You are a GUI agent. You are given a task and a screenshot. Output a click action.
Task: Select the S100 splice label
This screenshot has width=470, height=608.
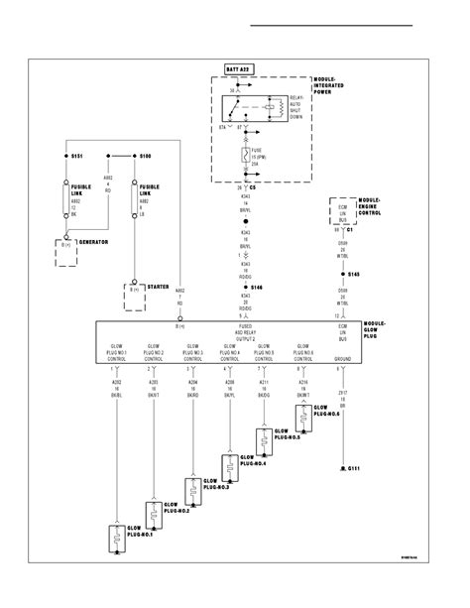point(144,156)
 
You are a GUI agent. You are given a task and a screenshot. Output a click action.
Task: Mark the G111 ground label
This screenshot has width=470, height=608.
point(353,465)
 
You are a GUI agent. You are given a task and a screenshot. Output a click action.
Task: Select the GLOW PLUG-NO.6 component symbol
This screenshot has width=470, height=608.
point(303,415)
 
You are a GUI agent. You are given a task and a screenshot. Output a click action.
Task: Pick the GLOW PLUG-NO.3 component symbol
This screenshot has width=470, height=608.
point(189,487)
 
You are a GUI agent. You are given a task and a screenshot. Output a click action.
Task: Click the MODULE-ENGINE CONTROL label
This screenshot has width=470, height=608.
point(370,207)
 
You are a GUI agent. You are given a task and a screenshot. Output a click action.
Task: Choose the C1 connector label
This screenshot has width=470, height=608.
point(350,231)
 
